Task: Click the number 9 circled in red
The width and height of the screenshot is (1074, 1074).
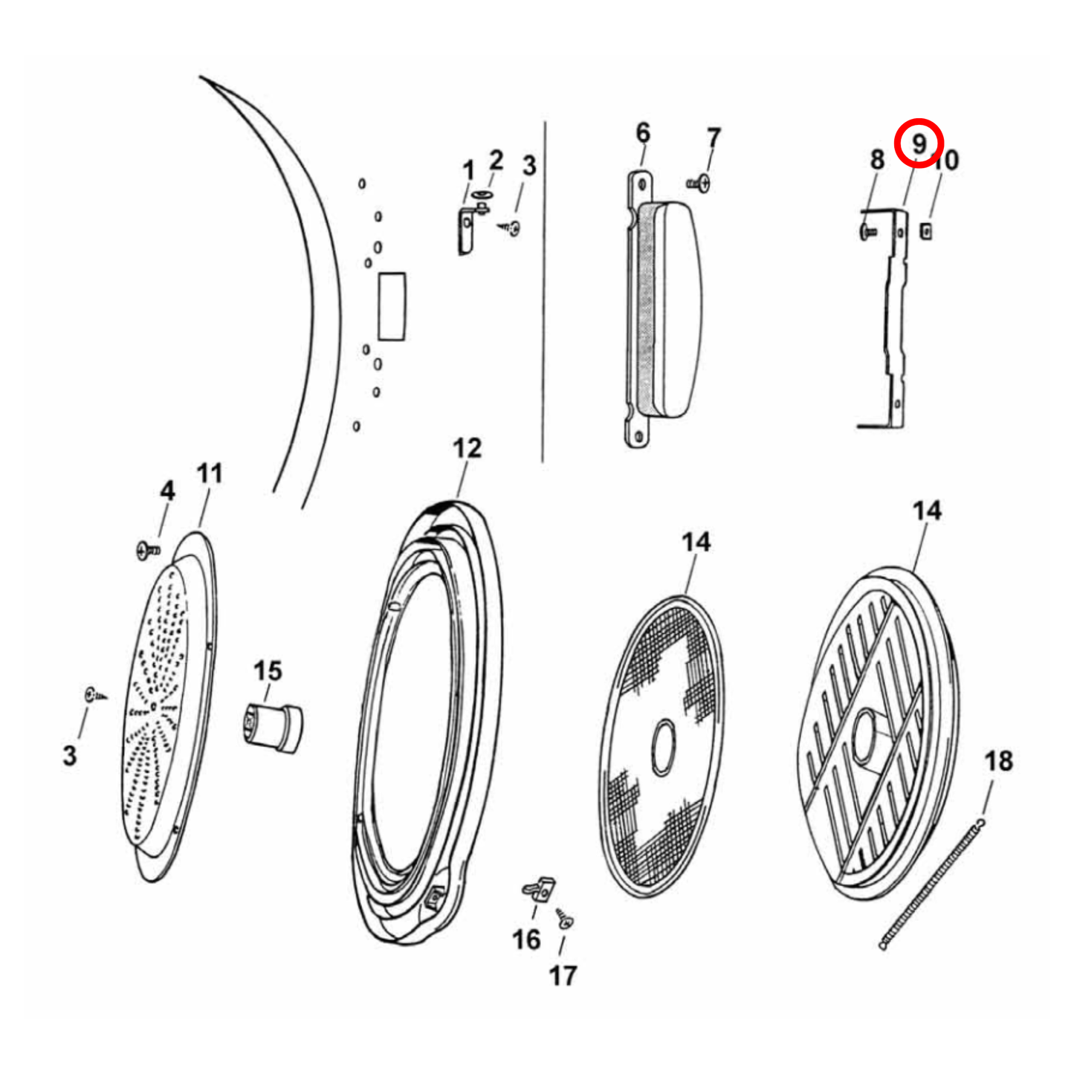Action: tap(919, 143)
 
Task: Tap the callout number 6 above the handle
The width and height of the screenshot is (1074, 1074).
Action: tap(643, 133)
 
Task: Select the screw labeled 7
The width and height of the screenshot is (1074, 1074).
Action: tap(698, 182)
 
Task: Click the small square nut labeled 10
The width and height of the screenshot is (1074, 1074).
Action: tap(926, 230)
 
